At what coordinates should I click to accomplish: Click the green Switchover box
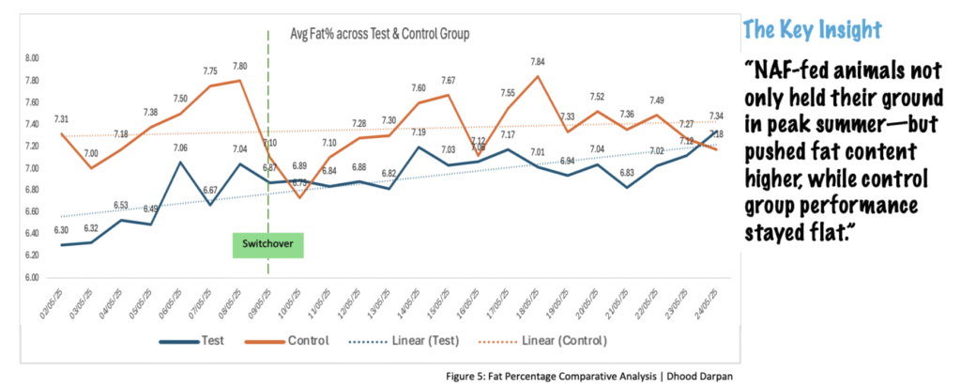[x=268, y=247]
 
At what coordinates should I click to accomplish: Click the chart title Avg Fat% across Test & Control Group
[x=378, y=34]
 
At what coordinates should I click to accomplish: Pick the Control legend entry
[x=301, y=339]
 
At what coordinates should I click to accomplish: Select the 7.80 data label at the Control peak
[x=239, y=66]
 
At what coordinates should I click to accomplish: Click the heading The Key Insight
[x=812, y=29]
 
